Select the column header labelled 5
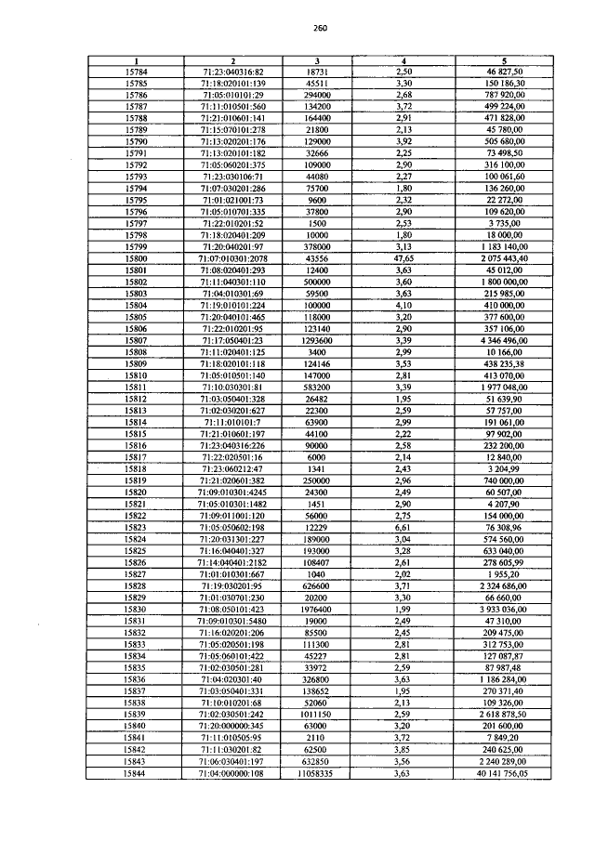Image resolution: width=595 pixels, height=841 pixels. (x=504, y=61)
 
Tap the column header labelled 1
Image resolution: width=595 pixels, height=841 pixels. (x=135, y=61)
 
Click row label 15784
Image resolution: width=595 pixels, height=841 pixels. (x=135, y=72)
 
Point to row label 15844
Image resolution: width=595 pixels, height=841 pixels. (x=135, y=772)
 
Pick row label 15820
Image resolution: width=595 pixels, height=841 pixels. (x=135, y=492)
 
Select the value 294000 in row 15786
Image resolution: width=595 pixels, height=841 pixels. (x=318, y=95)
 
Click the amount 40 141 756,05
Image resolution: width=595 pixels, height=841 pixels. (x=504, y=772)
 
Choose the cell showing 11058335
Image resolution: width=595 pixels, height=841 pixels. (x=318, y=772)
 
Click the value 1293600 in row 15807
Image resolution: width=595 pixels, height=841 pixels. (x=318, y=340)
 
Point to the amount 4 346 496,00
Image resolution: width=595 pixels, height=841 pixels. (x=504, y=340)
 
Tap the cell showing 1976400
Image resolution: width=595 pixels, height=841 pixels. (x=318, y=609)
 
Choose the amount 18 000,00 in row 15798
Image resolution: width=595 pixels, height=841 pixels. (x=504, y=235)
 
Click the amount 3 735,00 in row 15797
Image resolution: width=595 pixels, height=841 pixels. (x=504, y=223)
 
